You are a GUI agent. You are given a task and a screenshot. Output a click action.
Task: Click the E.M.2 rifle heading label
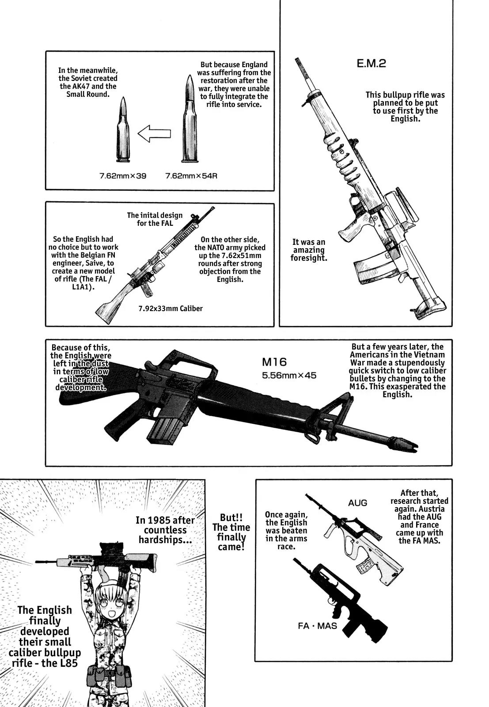(x=371, y=63)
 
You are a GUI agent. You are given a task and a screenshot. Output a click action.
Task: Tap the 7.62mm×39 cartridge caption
(x=122, y=176)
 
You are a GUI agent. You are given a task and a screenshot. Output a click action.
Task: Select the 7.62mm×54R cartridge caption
(x=191, y=176)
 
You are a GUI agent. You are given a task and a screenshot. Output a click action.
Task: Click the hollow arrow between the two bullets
(x=154, y=133)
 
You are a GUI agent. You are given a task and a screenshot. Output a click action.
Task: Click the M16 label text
(x=274, y=362)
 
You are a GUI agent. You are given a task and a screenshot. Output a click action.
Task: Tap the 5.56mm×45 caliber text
(x=289, y=376)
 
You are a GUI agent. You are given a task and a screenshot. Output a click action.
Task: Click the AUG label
(x=357, y=503)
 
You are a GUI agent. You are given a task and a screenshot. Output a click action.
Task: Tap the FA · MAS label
(x=317, y=626)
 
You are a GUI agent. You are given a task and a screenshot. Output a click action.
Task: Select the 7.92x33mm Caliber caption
(x=170, y=308)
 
